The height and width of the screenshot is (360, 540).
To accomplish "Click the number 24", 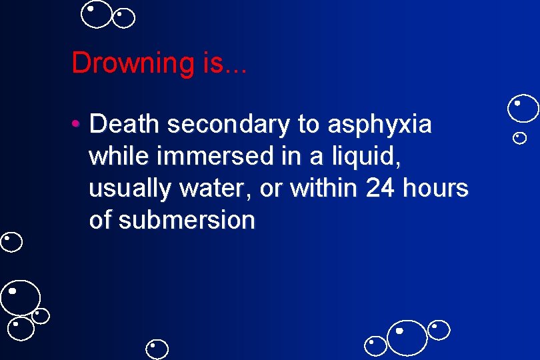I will (381, 188).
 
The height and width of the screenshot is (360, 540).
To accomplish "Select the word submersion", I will (187, 220).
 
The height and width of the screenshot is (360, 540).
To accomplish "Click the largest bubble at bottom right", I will (407, 337).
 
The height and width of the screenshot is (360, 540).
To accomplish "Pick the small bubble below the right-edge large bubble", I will (520, 138).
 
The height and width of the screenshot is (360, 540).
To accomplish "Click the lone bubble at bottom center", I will (158, 349).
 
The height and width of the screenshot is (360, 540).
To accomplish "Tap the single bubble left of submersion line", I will (11, 242).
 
